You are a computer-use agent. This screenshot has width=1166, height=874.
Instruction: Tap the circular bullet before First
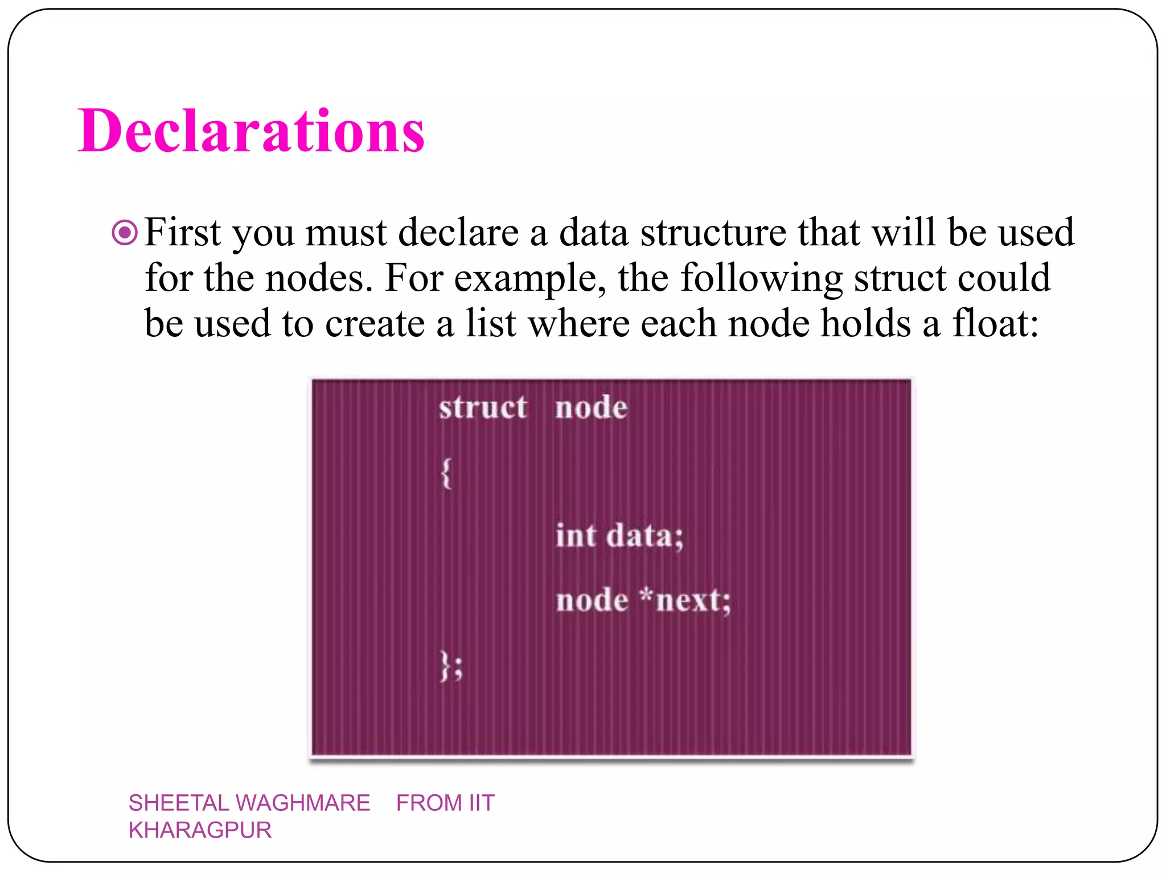[125, 232]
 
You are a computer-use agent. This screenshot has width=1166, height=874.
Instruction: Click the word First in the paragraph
[182, 232]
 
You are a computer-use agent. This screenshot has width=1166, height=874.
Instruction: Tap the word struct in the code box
[483, 407]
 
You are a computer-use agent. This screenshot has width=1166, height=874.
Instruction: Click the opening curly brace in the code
[446, 473]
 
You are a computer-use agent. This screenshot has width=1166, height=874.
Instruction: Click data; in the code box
[645, 536]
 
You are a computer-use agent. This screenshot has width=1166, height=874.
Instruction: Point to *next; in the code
[685, 600]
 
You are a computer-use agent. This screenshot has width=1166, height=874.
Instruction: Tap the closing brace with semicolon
[451, 666]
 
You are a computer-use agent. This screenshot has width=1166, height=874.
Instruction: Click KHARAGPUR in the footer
[200, 830]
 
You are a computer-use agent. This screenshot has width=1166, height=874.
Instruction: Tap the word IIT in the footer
[481, 803]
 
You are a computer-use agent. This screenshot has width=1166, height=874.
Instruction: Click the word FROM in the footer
[429, 803]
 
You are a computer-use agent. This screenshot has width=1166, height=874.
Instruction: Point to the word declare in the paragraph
[458, 232]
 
